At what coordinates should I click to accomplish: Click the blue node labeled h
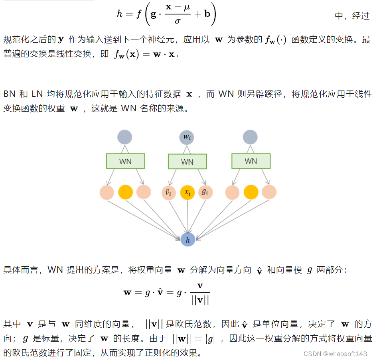tap(187, 240)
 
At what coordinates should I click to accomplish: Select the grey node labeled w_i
tap(187, 138)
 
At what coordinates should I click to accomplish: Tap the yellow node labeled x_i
tap(187, 193)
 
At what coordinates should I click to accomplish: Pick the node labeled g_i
tap(205, 192)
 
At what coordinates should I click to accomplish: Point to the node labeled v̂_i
tap(168, 193)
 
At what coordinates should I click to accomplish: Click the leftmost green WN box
tap(125, 161)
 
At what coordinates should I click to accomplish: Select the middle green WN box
tap(187, 161)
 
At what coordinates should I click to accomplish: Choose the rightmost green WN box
tap(251, 161)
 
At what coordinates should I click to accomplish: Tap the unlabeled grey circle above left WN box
tap(124, 137)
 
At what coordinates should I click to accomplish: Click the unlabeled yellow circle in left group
tap(126, 192)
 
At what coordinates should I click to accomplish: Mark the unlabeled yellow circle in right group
tap(251, 192)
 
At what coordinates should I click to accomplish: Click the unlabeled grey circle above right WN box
tap(250, 137)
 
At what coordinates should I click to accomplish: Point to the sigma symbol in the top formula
tap(178, 20)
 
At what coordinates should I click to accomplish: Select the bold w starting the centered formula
tap(128, 292)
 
